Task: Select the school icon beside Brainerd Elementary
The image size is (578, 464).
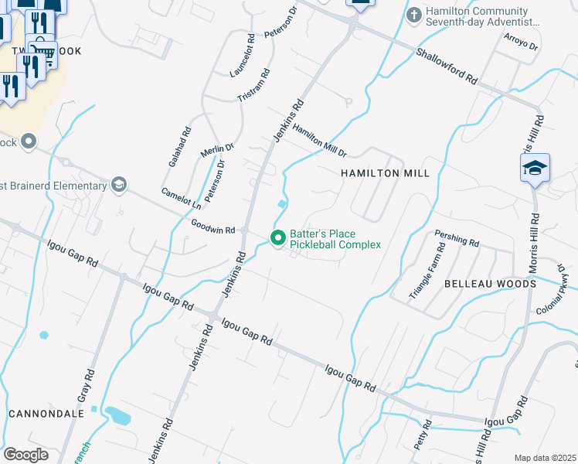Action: (118, 185)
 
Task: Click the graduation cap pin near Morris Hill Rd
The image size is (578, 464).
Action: (535, 168)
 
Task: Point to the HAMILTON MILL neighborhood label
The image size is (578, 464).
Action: (385, 173)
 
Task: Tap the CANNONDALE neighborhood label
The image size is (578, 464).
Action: (46, 414)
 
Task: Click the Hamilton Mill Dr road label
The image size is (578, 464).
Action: (319, 142)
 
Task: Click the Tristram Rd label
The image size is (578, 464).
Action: (254, 86)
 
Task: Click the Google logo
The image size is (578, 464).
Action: (25, 455)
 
